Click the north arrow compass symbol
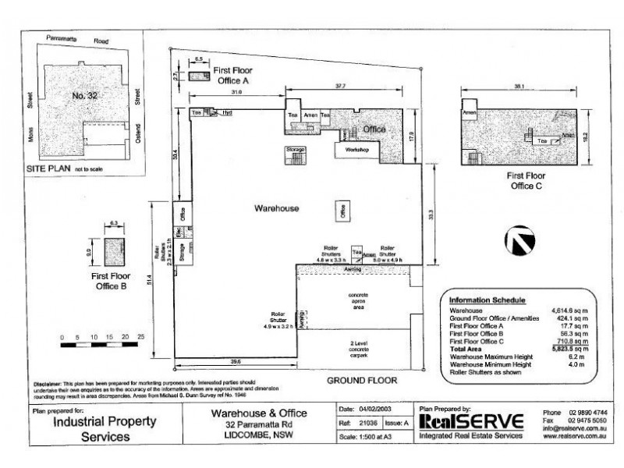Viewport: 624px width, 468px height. point(520,241)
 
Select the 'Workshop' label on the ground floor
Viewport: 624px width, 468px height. point(356,148)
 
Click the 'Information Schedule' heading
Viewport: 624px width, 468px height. point(487,300)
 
